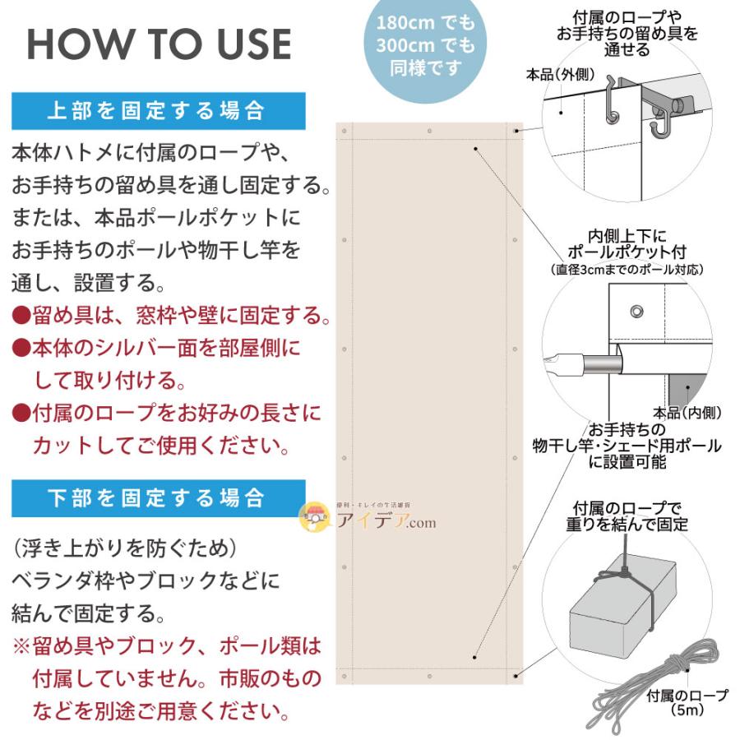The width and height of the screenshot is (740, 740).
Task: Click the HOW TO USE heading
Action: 159,44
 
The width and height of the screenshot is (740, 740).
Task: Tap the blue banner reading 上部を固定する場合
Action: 158,111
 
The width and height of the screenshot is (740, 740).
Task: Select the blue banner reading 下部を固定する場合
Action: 158,498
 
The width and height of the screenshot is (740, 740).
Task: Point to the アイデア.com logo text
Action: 386,521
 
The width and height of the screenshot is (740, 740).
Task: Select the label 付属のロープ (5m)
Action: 687,701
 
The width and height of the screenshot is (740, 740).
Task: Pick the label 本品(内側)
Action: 687,412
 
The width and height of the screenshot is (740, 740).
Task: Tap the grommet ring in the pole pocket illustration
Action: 636,310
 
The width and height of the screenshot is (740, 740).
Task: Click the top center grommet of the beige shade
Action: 429,131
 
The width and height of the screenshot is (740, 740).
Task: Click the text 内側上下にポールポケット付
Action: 627,243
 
